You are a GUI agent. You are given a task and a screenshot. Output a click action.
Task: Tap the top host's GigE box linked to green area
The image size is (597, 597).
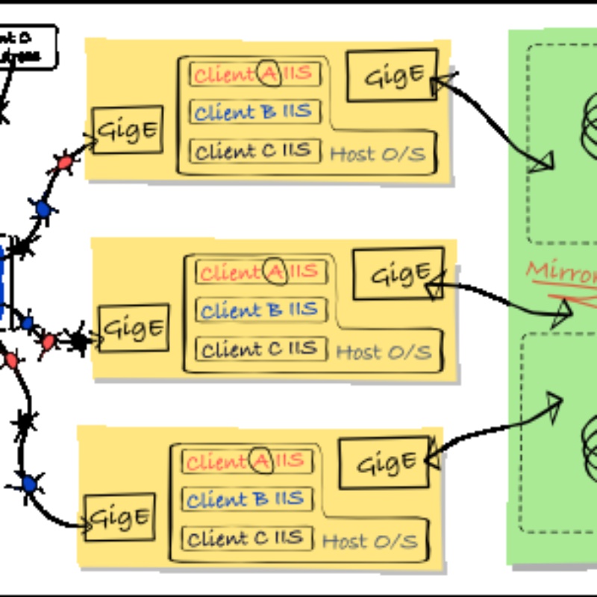pyautogui.click(x=391, y=75)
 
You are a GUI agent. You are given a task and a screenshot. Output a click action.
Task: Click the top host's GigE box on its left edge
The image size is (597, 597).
pyautogui.click(x=128, y=130)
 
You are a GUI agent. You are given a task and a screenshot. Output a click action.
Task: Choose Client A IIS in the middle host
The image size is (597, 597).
pyautogui.click(x=260, y=272)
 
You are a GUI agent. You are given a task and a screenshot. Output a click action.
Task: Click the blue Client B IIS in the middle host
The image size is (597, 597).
pyautogui.click(x=260, y=310)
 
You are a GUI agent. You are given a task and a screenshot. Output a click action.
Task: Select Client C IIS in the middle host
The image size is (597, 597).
pyautogui.click(x=260, y=348)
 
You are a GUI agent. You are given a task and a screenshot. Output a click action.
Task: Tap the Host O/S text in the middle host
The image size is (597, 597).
pyautogui.click(x=384, y=352)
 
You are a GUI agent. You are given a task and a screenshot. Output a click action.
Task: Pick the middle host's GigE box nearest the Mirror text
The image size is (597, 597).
pyautogui.click(x=398, y=274)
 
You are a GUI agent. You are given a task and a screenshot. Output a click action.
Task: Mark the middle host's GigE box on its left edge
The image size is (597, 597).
pyautogui.click(x=134, y=328)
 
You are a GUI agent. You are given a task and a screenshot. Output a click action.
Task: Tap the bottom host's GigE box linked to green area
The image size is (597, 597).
pyautogui.click(x=384, y=463)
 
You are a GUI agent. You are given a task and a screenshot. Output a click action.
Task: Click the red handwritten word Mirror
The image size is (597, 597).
pyautogui.click(x=562, y=272)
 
